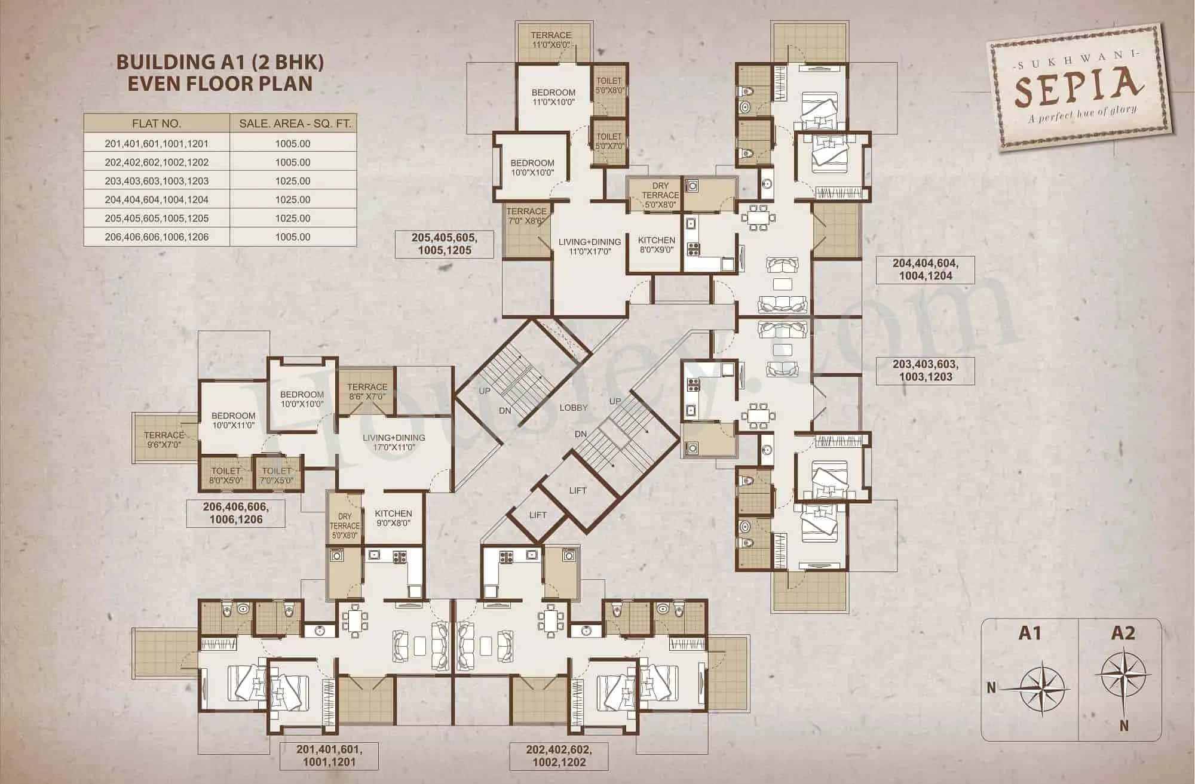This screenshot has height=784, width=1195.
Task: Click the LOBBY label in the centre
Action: pyautogui.click(x=574, y=408)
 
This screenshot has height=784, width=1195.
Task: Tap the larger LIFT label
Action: pyautogui.click(x=577, y=490)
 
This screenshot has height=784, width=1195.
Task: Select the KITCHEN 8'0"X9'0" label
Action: pyautogui.click(x=657, y=245)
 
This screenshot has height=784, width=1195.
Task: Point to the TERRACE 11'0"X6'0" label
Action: pyautogui.click(x=551, y=40)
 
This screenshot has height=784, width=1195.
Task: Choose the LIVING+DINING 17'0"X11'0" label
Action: pyautogui.click(x=394, y=442)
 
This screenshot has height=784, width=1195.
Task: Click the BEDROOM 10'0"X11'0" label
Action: pyautogui.click(x=233, y=420)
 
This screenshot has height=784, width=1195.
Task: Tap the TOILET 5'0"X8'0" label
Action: pyautogui.click(x=609, y=85)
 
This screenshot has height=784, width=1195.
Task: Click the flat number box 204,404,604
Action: pyautogui.click(x=925, y=269)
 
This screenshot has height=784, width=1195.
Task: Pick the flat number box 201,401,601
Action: pyautogui.click(x=329, y=755)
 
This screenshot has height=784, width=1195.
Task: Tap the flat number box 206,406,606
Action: pyautogui.click(x=235, y=513)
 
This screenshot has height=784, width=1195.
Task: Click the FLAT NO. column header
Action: pyautogui.click(x=156, y=124)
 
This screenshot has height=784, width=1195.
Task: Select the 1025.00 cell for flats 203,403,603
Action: pyautogui.click(x=293, y=181)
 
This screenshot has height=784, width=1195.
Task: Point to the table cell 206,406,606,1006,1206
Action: pyautogui.click(x=156, y=237)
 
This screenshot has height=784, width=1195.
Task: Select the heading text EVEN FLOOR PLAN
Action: pyautogui.click(x=220, y=82)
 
